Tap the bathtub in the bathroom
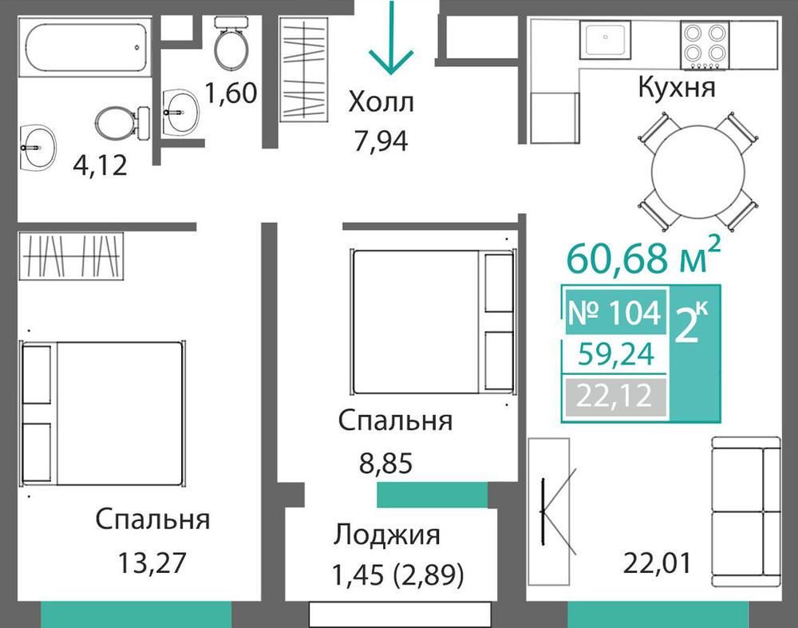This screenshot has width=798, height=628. pyautogui.click(x=85, y=47)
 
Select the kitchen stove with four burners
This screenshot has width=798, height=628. pyautogui.click(x=705, y=45)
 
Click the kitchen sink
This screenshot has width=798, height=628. pyautogui.click(x=605, y=39)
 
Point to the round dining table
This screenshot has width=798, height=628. pyautogui.click(x=697, y=172)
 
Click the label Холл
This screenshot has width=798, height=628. pyautogui.click(x=381, y=102)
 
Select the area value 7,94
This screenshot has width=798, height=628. pyautogui.click(x=381, y=141)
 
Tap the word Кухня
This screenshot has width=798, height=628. pyautogui.click(x=677, y=87)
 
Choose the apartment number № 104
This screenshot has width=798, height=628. pyautogui.click(x=614, y=313)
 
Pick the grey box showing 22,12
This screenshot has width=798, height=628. pyautogui.click(x=614, y=396)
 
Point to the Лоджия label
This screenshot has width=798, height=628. pyautogui.click(x=387, y=535)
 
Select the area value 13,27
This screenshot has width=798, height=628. pyautogui.click(x=152, y=563)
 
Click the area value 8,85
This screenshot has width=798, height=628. pyautogui.click(x=385, y=463)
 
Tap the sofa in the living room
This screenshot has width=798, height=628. pyautogui.click(x=745, y=512)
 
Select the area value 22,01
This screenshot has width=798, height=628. pyautogui.click(x=658, y=563)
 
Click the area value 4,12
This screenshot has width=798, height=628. pyautogui.click(x=100, y=165)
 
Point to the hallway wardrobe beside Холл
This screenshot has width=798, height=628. pyautogui.click(x=303, y=69)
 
